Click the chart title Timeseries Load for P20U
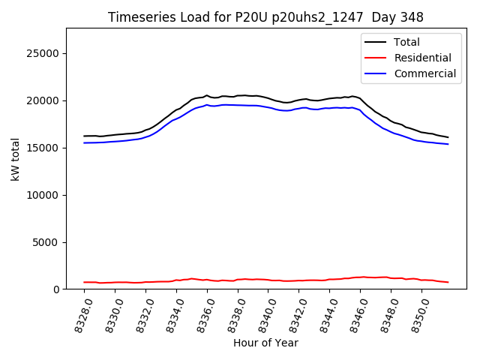(265, 17)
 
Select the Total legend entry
(406, 43)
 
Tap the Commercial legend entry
(424, 73)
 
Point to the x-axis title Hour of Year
(265, 343)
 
